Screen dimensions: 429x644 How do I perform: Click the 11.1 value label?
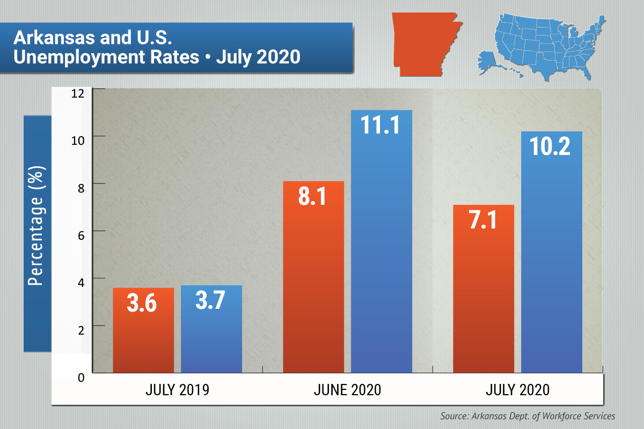(x=382, y=126)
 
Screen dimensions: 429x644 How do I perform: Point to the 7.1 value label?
(x=484, y=220)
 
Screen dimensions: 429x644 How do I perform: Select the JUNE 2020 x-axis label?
(x=347, y=390)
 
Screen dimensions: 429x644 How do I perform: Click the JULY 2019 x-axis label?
(x=177, y=390)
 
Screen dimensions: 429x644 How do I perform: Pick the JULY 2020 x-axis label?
(x=517, y=390)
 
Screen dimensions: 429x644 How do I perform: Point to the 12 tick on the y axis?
(x=78, y=93)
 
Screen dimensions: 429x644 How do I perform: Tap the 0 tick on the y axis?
(x=81, y=378)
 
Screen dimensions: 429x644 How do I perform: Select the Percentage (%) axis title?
(x=37, y=233)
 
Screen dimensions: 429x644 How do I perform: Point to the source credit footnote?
(x=527, y=416)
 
